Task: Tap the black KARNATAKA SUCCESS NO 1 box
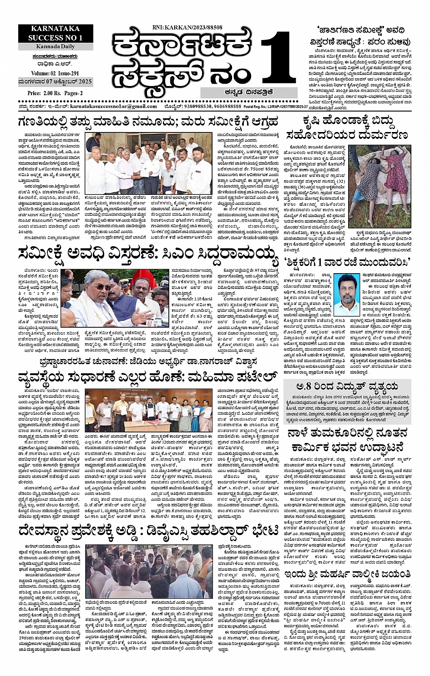(56, 34)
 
